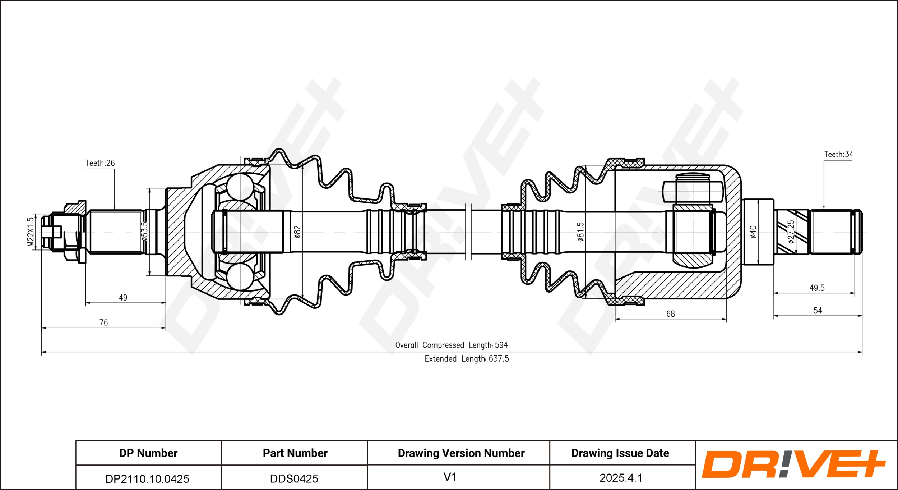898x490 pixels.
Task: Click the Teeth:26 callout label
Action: pyautogui.click(x=100, y=163)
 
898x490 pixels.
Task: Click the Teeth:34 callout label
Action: pyautogui.click(x=838, y=154)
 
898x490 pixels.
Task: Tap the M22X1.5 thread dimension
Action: pyautogui.click(x=31, y=232)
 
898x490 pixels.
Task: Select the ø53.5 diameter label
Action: pyautogui.click(x=144, y=231)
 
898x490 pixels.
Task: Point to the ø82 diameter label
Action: pyautogui.click(x=297, y=232)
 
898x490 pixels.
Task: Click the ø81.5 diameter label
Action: pyautogui.click(x=580, y=232)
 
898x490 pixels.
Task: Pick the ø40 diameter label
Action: pyautogui.click(x=753, y=232)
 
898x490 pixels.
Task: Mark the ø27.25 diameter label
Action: pyautogui.click(x=791, y=232)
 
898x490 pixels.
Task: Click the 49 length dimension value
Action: pyautogui.click(x=123, y=298)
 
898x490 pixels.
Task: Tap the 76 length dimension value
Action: pyautogui.click(x=103, y=323)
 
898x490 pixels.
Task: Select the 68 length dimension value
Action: pyautogui.click(x=671, y=314)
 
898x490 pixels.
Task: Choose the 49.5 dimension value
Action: pyautogui.click(x=817, y=288)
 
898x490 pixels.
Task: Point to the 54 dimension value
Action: pyautogui.click(x=818, y=311)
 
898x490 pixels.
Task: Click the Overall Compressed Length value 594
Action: pyautogui.click(x=501, y=345)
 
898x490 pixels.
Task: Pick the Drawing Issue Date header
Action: pyautogui.click(x=620, y=453)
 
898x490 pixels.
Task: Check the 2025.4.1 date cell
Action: pyautogui.click(x=621, y=478)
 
